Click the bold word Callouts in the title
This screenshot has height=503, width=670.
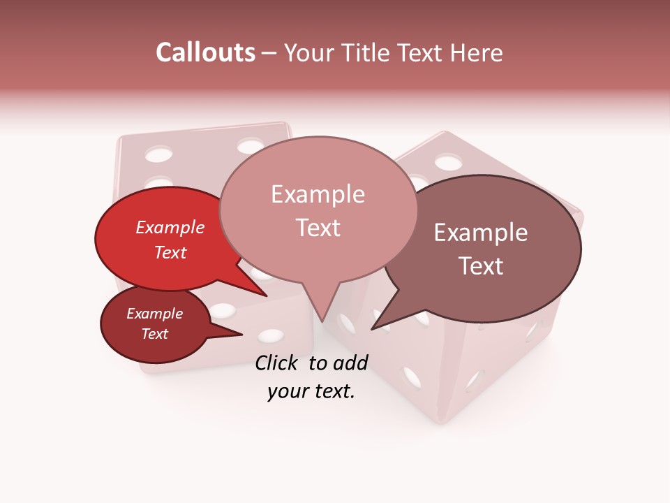205,52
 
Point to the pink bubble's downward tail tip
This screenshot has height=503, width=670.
322,321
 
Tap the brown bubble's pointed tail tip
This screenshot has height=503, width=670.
372,329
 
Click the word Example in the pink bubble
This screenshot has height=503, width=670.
318,194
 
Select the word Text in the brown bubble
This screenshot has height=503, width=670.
481,266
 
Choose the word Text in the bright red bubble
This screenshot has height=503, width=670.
170,253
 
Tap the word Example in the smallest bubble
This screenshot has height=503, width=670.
154,314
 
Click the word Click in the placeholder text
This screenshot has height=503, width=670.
278,363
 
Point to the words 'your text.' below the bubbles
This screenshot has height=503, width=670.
311,392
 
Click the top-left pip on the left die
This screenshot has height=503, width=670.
159,154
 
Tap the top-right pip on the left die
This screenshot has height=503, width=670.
250,147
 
